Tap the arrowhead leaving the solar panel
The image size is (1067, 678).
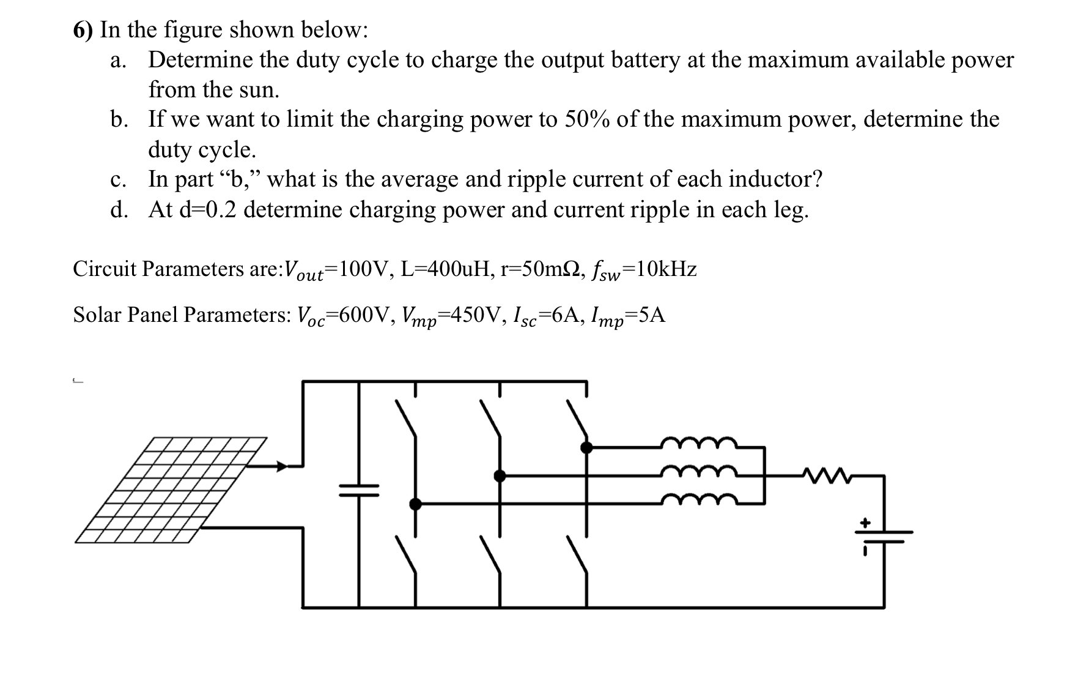click(x=281, y=466)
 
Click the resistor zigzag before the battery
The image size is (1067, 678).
click(x=826, y=474)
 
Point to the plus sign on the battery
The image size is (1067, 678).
click(x=865, y=523)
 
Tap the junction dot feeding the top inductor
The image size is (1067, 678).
click(x=586, y=447)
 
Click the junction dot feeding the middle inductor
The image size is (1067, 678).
click(x=500, y=475)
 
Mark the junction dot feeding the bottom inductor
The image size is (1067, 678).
click(x=415, y=504)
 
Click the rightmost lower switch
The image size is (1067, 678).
click(x=578, y=555)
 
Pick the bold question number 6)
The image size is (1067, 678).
click(x=84, y=30)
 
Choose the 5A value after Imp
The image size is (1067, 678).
click(x=649, y=315)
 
